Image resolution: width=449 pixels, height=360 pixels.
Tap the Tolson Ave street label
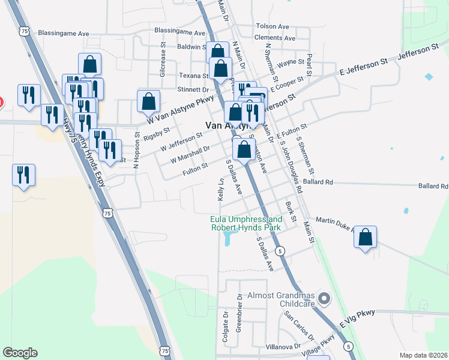click(x=273, y=26)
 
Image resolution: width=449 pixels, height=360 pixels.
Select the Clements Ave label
click(x=275, y=38)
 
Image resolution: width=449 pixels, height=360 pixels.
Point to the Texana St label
click(x=193, y=76)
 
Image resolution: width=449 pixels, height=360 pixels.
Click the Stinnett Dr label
click(x=193, y=89)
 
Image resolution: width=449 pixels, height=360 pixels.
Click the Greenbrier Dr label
click(x=239, y=312)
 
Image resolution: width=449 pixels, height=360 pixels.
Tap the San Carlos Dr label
click(x=299, y=324)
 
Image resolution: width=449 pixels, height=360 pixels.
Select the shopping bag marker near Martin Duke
click(x=365, y=238)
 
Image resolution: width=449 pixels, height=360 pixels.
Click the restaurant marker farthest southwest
click(x=23, y=175)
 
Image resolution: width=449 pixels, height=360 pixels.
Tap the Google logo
click(x=20, y=353)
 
